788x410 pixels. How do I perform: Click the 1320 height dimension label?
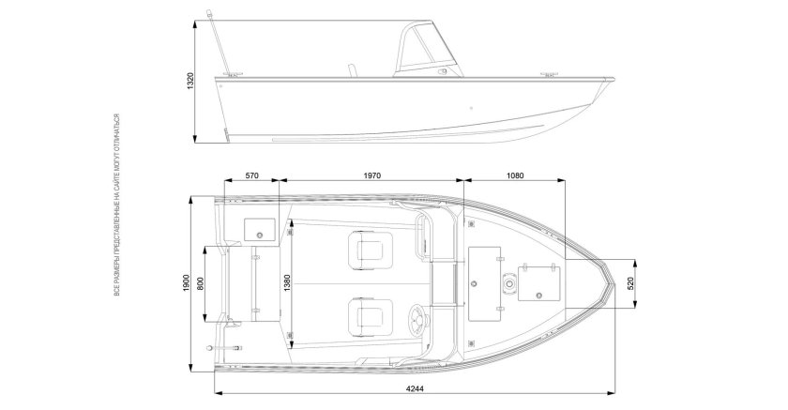tap(190, 82)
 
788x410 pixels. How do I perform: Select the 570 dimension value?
tap(250, 175)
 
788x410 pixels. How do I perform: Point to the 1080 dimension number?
tap(513, 175)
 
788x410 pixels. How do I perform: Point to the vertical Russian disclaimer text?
tap(115, 206)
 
